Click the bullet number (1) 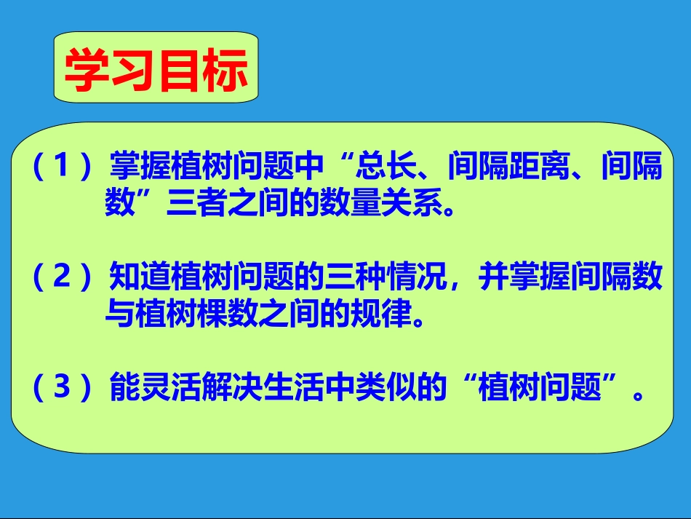pos(61,168)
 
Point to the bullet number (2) pos(61,278)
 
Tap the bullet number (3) pos(61,387)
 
